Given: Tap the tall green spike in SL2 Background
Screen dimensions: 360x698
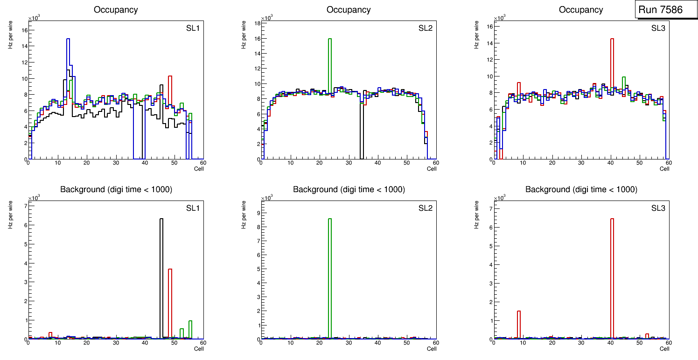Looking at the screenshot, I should pos(330,280).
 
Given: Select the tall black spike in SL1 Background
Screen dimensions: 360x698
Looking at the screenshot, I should pos(161,280).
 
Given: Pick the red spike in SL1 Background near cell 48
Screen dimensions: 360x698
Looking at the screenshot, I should pos(170,303).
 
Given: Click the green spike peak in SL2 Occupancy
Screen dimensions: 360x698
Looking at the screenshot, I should pos(330,40).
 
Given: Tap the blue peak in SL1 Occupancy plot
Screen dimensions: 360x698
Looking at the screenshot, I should pos(68,40).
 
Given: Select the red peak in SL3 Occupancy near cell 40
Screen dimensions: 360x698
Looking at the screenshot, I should pos(612,40).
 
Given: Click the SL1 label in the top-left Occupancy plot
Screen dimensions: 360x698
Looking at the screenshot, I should pos(193,29).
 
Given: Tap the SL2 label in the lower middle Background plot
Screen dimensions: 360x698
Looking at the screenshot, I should pos(426,208).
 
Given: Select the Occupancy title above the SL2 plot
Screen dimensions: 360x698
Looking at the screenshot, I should pos(349,10).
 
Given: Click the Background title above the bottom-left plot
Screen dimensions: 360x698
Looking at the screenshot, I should pos(116,189).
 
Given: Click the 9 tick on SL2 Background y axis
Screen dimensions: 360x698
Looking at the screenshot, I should pos(257,213).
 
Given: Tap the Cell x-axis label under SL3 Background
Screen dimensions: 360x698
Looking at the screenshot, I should pos(664,349).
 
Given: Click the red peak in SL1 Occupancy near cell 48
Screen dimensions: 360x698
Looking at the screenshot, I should pos(170,77).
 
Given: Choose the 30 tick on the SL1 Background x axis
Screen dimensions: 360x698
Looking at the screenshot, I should pos(116,343).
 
